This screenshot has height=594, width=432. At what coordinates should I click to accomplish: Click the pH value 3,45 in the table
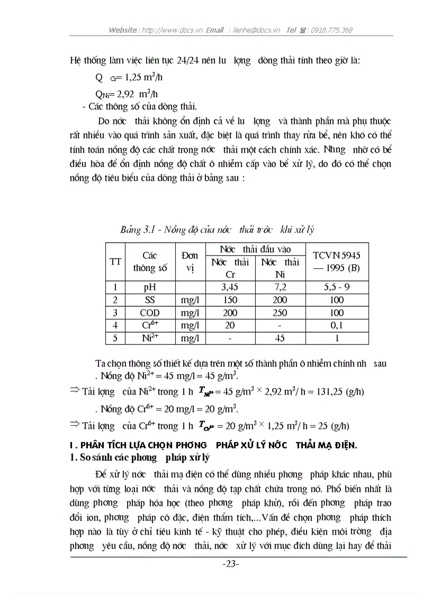[x=230, y=288]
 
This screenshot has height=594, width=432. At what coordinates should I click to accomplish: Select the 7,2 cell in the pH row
[x=280, y=288]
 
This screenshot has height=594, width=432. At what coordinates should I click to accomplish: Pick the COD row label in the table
[x=150, y=313]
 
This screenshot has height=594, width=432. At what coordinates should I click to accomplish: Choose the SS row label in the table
[x=150, y=300]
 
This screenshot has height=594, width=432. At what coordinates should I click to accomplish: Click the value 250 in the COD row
[x=280, y=313]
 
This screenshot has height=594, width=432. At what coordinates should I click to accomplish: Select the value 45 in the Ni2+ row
[x=280, y=338]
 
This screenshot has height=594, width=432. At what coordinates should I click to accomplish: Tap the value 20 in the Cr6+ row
[x=230, y=325]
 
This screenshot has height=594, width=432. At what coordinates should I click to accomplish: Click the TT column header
[x=115, y=261]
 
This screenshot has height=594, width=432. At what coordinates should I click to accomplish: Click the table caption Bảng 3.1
[x=217, y=230]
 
